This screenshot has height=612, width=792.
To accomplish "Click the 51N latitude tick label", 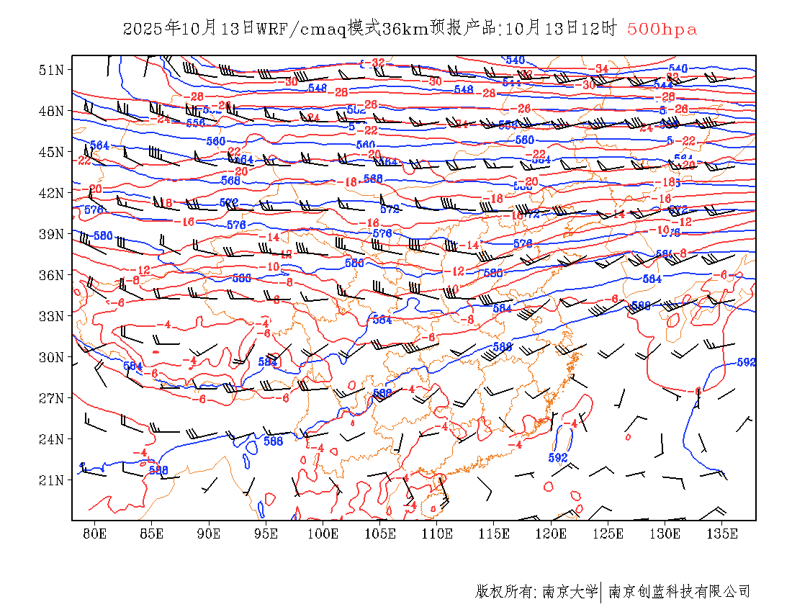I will (x=52, y=70).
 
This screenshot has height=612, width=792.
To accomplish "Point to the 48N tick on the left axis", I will (x=52, y=111).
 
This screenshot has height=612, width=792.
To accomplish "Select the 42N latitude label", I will (x=52, y=193).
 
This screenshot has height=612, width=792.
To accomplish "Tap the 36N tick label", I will (x=52, y=275).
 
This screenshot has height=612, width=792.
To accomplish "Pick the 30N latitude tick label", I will (x=52, y=357).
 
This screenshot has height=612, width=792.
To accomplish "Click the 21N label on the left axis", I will (x=52, y=480).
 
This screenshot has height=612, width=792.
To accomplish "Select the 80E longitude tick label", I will (x=94, y=534).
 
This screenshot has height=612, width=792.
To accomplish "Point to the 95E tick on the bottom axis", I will (x=266, y=534).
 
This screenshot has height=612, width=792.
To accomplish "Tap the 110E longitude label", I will (x=437, y=534).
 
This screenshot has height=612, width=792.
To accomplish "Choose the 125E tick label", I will (x=608, y=534).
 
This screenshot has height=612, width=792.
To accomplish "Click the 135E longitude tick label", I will (x=722, y=534).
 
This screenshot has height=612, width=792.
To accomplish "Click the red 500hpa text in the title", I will (x=662, y=30).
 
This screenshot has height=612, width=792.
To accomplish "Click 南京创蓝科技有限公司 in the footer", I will (x=680, y=592).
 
